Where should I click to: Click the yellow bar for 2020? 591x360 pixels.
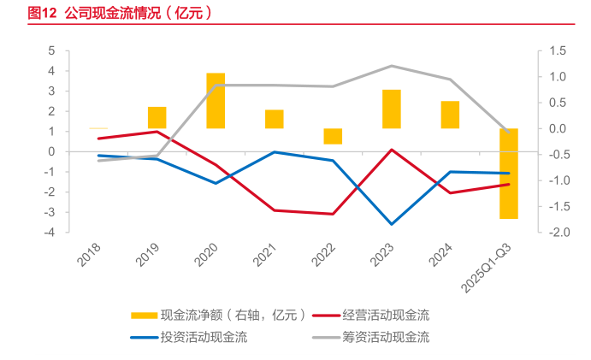[216, 101]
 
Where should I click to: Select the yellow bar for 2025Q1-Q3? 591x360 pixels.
[509, 174]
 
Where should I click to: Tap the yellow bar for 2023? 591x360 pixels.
[392, 109]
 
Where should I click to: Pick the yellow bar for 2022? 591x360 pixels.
[333, 136]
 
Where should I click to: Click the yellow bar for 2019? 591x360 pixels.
[157, 118]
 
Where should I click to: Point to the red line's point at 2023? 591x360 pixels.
[392, 150]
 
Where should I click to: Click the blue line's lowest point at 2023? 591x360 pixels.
[392, 224]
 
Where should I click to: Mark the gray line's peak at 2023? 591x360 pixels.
[392, 66]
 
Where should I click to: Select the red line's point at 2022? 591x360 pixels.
[333, 214]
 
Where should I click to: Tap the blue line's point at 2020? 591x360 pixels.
[216, 183]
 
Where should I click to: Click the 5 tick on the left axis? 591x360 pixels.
[52, 51]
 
